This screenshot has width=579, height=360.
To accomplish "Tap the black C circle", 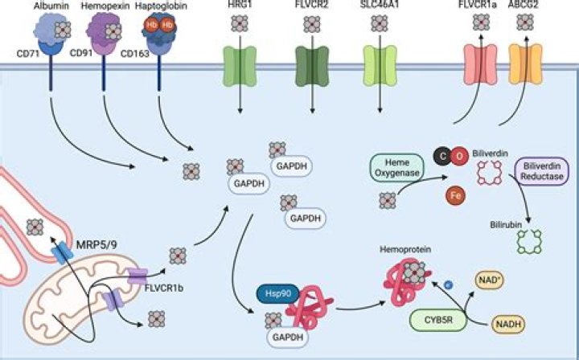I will pos(441,155).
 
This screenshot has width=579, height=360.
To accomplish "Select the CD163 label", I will pos(134,55).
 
